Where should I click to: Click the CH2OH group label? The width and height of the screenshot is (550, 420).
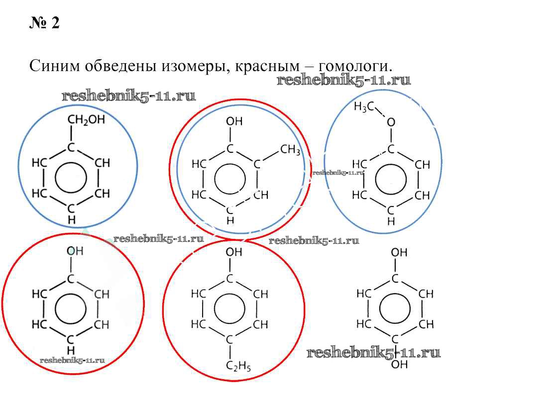click(86, 119)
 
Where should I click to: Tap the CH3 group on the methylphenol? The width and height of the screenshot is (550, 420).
click(290, 150)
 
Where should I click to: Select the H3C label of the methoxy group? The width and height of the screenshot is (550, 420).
click(364, 106)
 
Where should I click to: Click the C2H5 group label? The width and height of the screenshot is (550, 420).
click(238, 366)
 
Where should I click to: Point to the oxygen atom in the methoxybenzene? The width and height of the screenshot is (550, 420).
click(391, 122)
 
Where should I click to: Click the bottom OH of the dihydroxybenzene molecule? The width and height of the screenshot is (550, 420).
click(399, 365)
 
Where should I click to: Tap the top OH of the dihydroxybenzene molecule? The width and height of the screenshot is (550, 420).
click(399, 252)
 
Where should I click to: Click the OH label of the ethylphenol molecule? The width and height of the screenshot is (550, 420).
click(233, 252)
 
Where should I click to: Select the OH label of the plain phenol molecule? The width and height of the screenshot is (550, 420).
click(75, 251)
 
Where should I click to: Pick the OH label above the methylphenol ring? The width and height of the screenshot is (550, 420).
click(234, 121)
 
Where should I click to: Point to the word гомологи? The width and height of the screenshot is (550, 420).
click(355, 66)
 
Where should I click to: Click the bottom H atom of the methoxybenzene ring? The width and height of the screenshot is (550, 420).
click(391, 221)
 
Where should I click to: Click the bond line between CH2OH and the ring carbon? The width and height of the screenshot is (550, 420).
click(71, 133)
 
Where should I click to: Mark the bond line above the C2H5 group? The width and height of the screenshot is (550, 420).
click(230, 352)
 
